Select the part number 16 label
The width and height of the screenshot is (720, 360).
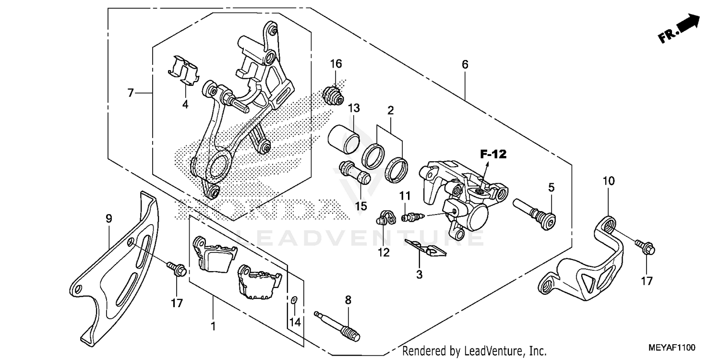pos(336,64)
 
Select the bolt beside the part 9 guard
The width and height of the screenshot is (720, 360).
pos(177,269)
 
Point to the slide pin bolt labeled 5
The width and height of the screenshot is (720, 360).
pos(534,214)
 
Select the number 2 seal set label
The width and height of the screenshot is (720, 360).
pos(391,110)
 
